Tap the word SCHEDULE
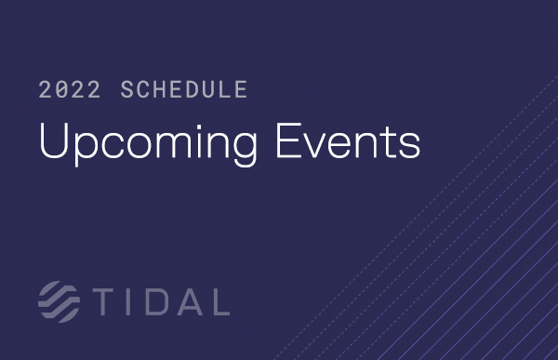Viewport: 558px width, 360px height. (184, 90)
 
